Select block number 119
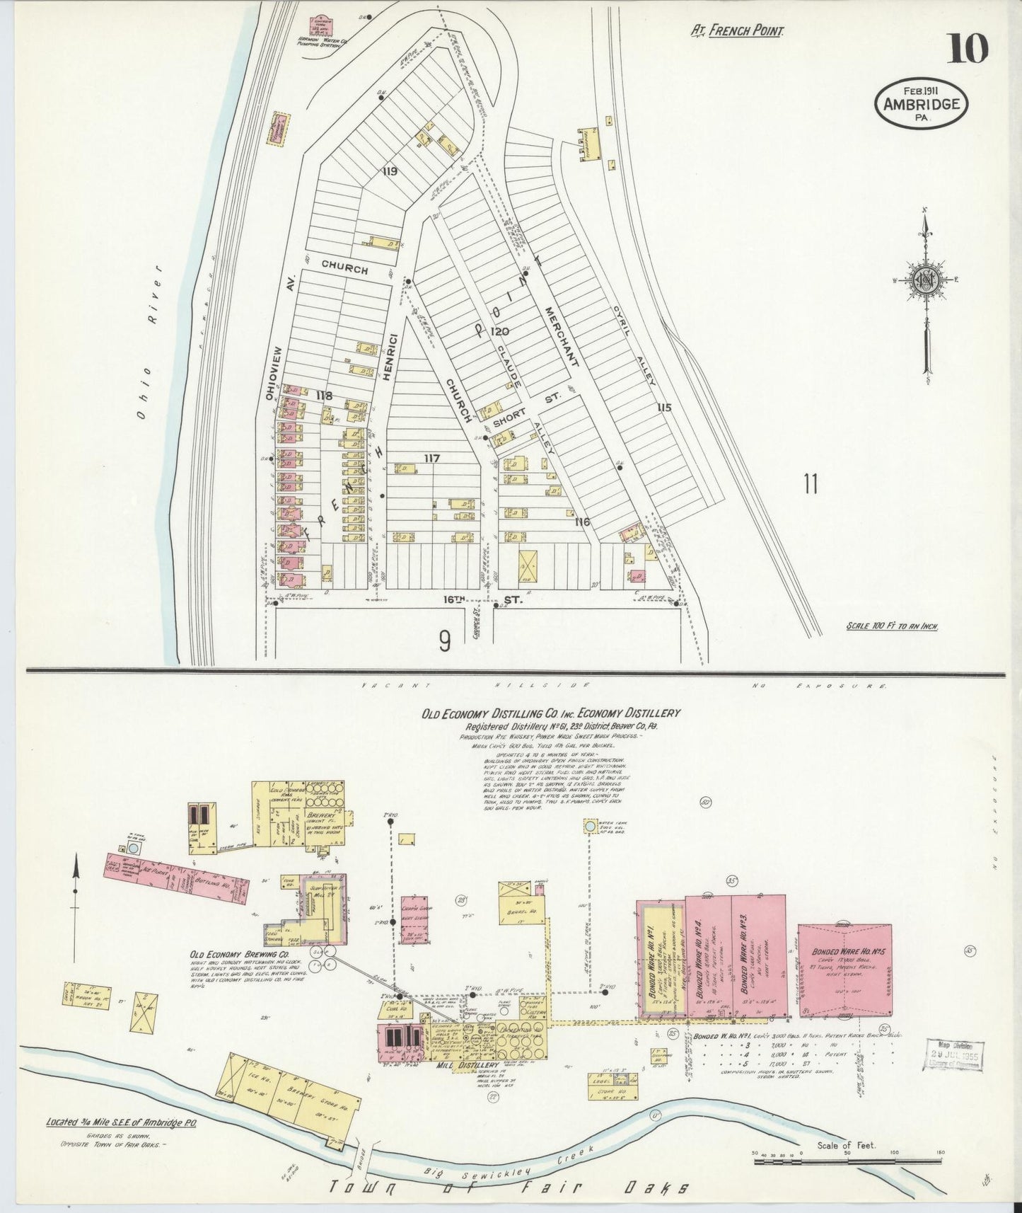tap(389, 171)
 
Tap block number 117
tap(431, 459)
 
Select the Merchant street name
tap(562, 337)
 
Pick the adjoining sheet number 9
tap(444, 641)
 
